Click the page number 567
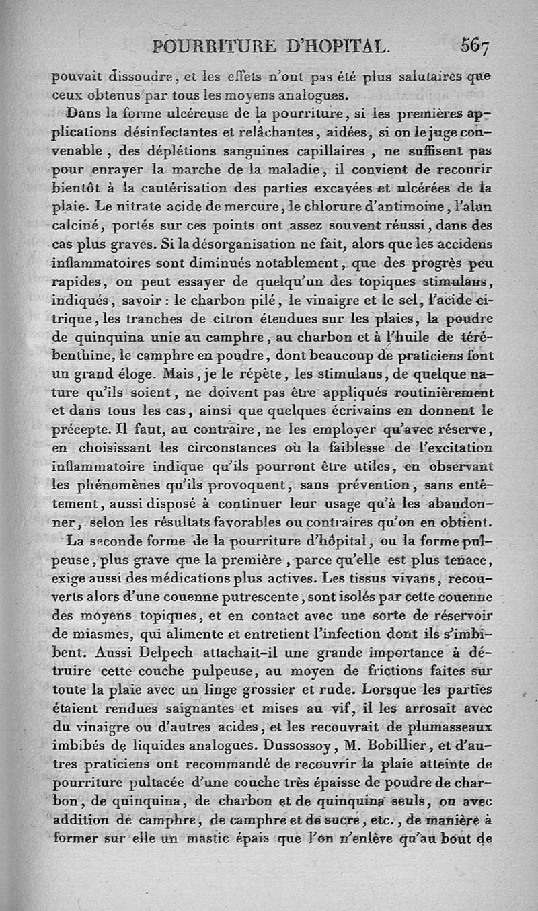[475, 46]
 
